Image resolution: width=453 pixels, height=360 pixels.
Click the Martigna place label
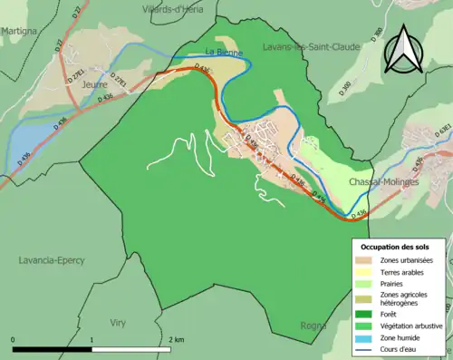pyautogui.click(x=19, y=31)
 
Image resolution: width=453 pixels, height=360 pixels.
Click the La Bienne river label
pyautogui.click(x=220, y=52)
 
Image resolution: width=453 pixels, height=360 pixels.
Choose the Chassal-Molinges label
pyautogui.click(x=387, y=181)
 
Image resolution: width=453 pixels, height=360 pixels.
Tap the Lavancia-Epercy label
pyautogui.click(x=52, y=259)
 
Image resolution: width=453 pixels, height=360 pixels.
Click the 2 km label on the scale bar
pyautogui.click(x=178, y=315)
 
